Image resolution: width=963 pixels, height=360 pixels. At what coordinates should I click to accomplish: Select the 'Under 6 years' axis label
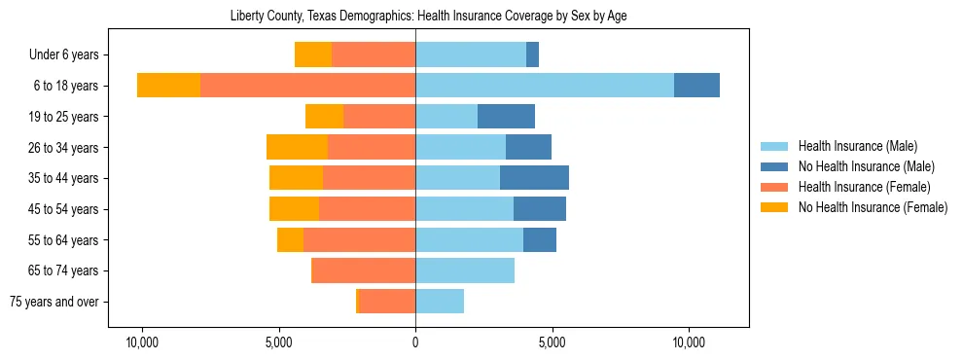[x=70, y=55]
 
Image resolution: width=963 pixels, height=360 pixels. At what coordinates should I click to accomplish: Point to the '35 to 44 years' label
[x=67, y=178]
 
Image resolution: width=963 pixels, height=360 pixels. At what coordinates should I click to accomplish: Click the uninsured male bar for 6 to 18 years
[x=696, y=86]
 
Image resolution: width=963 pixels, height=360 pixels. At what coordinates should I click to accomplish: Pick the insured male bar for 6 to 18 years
[x=545, y=86]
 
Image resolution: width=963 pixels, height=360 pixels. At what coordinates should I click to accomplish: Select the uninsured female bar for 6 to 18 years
[x=168, y=86]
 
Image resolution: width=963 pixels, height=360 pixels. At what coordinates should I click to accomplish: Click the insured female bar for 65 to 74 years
[x=363, y=270]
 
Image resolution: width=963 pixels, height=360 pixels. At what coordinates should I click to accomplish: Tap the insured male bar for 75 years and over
[x=440, y=302]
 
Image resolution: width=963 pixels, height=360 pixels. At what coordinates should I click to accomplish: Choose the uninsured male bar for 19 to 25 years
[x=506, y=117]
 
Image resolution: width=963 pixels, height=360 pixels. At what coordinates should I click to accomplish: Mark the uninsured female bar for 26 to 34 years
[x=297, y=147]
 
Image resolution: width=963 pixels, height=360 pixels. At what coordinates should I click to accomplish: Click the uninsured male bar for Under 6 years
[x=532, y=55]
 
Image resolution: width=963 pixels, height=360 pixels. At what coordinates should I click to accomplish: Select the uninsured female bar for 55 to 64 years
[x=290, y=239]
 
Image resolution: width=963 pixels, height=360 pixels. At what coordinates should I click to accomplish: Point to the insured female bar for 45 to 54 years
[x=367, y=209]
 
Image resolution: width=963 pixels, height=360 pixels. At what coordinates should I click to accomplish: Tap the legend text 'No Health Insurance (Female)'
[x=872, y=207]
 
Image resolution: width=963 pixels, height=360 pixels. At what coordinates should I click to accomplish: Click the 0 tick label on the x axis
[x=415, y=342]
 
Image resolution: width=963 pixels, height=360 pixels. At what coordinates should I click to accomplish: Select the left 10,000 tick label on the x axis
[x=142, y=342]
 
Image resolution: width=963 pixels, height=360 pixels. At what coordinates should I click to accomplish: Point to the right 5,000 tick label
[x=552, y=342]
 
